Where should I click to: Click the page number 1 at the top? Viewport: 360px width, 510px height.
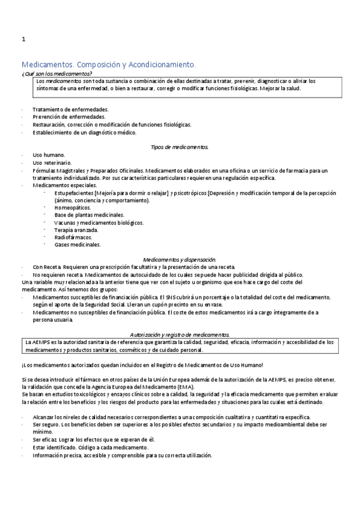(x=23, y=40)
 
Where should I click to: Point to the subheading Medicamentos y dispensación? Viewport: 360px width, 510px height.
(x=179, y=259)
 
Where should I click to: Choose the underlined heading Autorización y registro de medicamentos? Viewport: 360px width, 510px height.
(x=180, y=334)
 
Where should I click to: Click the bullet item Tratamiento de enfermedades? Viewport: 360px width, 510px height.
(x=70, y=109)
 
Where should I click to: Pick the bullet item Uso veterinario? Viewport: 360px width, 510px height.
(x=52, y=163)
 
